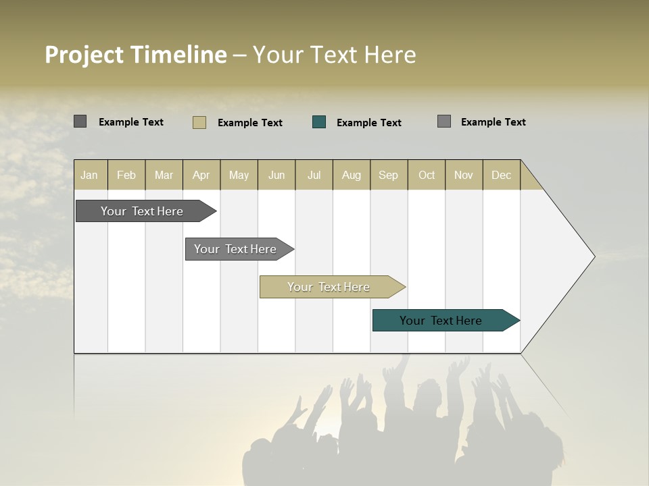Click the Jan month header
pos(89,175)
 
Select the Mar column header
pos(164,175)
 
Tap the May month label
pos(239,175)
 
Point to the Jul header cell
pos(314,175)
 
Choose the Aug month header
pos(352,175)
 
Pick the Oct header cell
pos(427,175)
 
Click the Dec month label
pos(501,175)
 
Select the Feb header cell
pos(126,175)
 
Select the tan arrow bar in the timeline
pos(329,287)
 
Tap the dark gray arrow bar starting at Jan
pos(143,211)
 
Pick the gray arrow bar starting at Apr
pos(236,249)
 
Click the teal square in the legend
pos(319,122)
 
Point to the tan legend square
pos(199,122)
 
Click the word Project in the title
pos(85,55)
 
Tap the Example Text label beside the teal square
pos(369,123)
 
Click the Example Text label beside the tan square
pos(250,123)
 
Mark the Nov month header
pos(464,175)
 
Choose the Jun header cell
pos(277,175)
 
